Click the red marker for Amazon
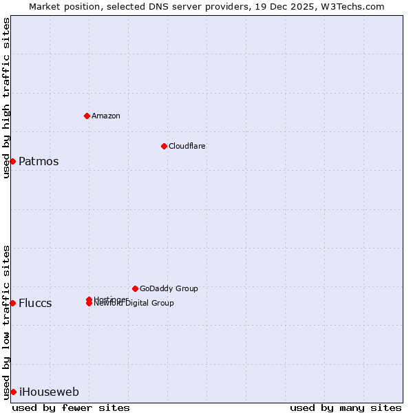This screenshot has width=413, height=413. [x=87, y=116]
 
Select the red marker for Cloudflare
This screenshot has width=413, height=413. [x=164, y=146]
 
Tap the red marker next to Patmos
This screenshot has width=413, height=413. [x=12, y=161]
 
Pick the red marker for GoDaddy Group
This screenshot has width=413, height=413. [x=135, y=288]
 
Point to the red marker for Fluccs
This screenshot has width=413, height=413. [x=12, y=303]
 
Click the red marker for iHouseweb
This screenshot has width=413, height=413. [x=13, y=392]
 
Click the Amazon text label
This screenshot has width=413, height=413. [x=105, y=116]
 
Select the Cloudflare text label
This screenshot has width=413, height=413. [x=187, y=146]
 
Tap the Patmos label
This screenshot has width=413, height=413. [x=39, y=162]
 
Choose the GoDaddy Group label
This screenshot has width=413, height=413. [x=169, y=288]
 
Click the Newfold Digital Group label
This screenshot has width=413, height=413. [x=134, y=304]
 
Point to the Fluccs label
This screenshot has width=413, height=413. [x=35, y=304]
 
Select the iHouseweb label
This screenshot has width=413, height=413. [x=49, y=392]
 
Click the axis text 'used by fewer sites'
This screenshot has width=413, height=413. [x=71, y=407]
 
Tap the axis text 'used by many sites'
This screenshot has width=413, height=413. [x=346, y=407]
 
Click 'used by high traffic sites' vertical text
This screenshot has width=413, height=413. [x=6, y=98]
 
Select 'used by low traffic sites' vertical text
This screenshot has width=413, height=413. [x=6, y=322]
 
